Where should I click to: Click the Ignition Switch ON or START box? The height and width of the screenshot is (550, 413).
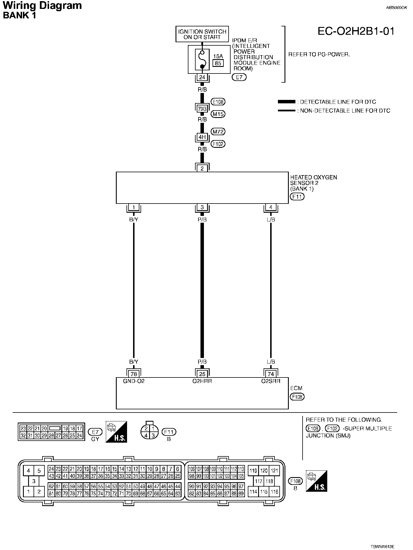202,34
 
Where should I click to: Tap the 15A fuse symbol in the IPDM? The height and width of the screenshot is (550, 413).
202,60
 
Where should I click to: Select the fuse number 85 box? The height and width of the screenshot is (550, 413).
218,63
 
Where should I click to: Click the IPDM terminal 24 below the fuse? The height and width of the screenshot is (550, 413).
202,77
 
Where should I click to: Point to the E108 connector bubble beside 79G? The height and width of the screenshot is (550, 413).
218,102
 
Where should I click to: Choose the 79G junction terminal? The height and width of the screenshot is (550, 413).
202,109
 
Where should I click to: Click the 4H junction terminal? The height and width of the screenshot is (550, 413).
202,137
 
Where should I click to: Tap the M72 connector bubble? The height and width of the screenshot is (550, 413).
218,132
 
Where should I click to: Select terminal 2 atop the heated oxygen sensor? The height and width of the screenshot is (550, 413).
202,169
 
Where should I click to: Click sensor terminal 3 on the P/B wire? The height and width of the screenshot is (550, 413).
202,207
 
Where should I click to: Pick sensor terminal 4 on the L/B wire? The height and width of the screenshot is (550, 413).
271,207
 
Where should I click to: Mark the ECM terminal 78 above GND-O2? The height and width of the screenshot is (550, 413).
134,374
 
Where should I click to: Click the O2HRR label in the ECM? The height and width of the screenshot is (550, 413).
202,381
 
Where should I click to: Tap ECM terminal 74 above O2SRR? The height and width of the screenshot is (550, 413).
271,374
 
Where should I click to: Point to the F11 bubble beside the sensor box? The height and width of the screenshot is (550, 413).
297,197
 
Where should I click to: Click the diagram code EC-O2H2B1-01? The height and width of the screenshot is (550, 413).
356,31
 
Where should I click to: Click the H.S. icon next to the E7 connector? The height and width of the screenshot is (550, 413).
116,432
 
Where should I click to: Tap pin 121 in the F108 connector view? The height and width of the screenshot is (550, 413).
274,470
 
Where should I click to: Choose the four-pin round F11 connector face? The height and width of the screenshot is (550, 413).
149,432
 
